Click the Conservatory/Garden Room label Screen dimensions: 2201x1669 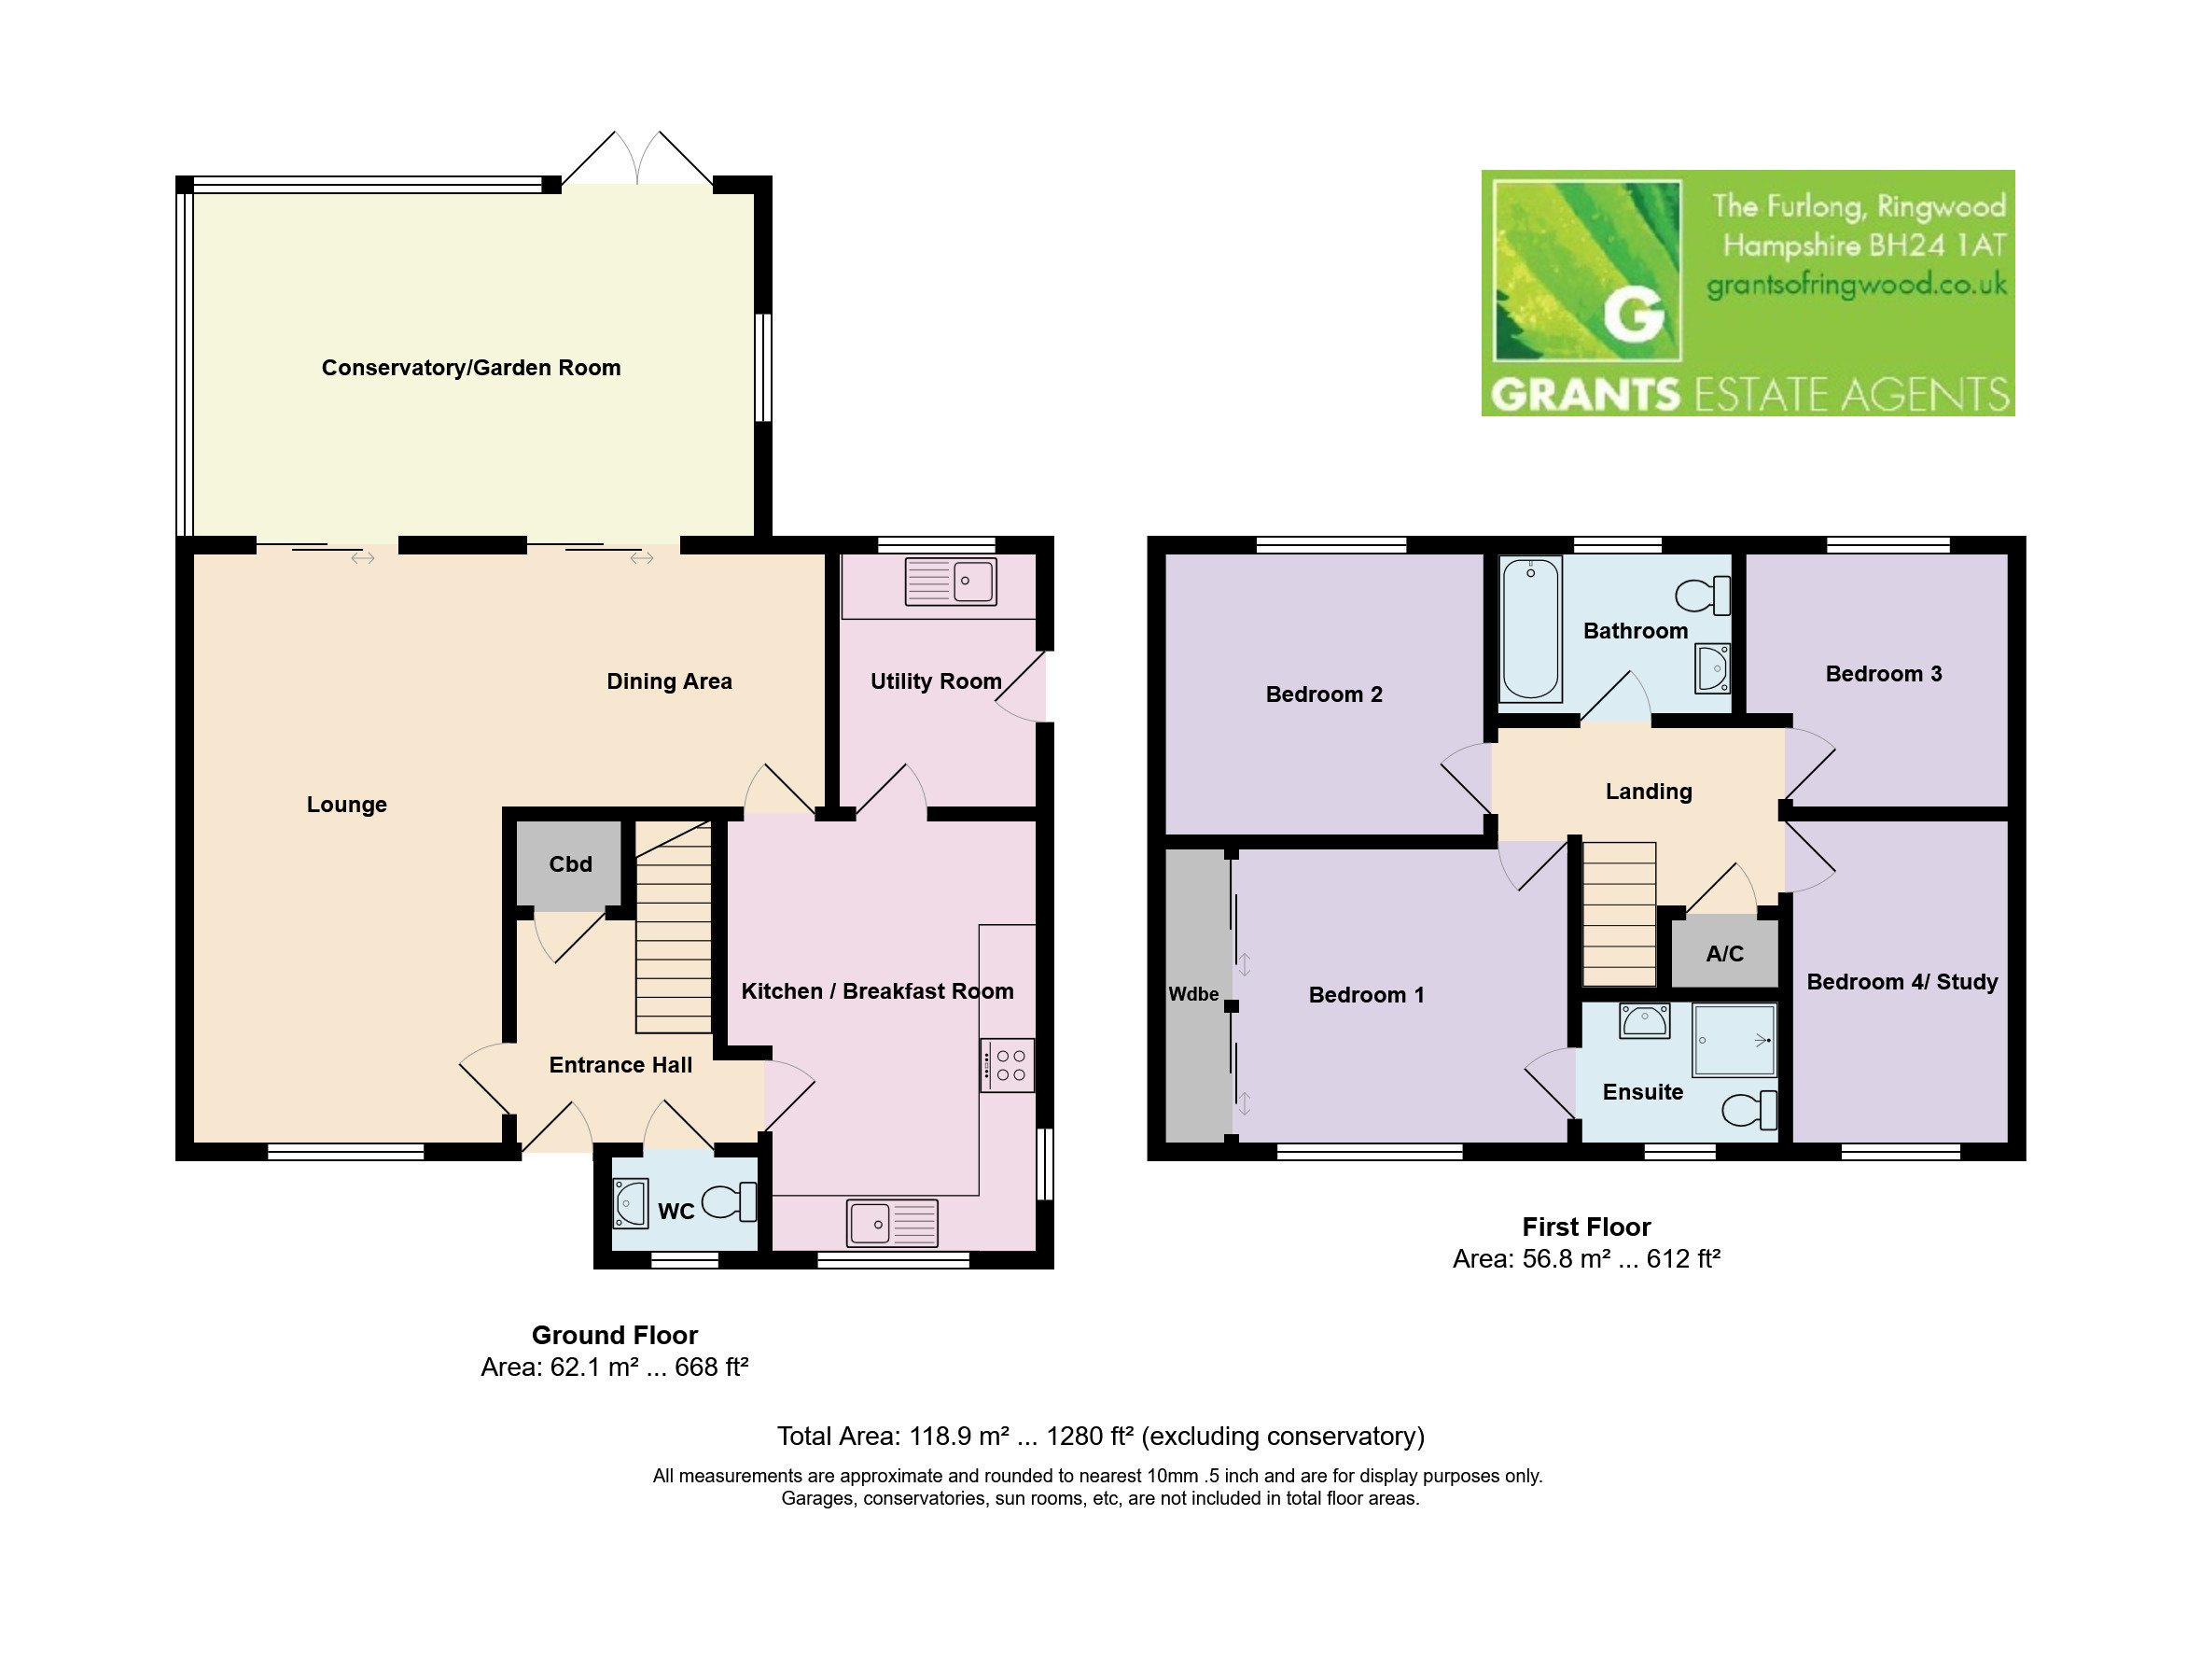(x=470, y=368)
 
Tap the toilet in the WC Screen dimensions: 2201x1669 (x=730, y=1202)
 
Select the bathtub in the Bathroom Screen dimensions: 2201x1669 (x=1530, y=628)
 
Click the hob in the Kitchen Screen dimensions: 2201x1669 (x=1007, y=1066)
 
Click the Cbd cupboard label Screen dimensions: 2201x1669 (x=570, y=863)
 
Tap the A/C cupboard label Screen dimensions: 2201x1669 (x=1724, y=953)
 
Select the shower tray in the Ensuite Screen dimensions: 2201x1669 (x=1734, y=1040)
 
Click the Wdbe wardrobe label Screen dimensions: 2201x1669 (x=1193, y=994)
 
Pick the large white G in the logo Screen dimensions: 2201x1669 (x=1634, y=316)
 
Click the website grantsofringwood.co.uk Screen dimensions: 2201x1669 (x=1857, y=286)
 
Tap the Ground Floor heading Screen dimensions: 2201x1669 (x=614, y=1335)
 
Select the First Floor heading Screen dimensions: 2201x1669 (x=1586, y=1227)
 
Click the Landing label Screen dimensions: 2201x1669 (x=1649, y=792)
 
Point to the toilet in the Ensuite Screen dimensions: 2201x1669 (x=1749, y=1110)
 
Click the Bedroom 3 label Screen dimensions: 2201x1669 (x=1884, y=674)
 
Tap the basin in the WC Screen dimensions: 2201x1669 (x=631, y=1202)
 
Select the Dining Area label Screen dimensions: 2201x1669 (x=670, y=681)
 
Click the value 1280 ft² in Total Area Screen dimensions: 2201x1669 (x=1090, y=1437)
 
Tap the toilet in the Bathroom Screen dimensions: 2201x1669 (x=1703, y=596)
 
